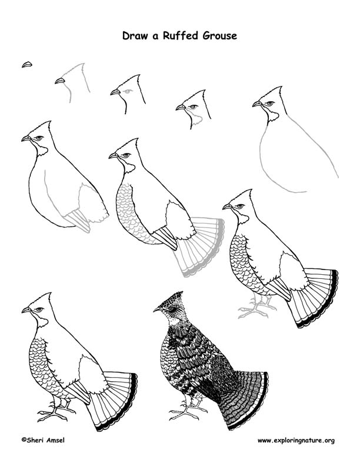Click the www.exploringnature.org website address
coord(296,440)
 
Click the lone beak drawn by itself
coord(26,64)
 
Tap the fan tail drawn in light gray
coord(200,247)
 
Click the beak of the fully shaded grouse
coord(157,309)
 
